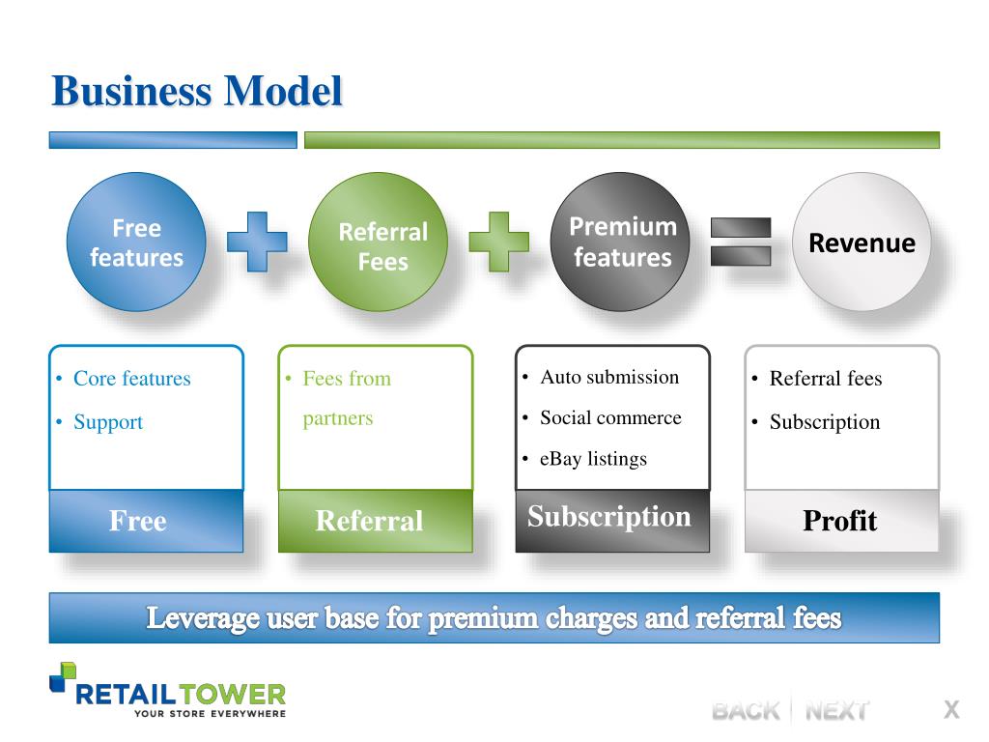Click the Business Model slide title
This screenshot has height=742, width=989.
197,92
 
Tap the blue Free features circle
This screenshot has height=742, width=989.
136,242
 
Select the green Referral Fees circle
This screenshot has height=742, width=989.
379,242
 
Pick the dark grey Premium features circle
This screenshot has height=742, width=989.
621,242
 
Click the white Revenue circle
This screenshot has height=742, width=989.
862,242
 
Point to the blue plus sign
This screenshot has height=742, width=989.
257,242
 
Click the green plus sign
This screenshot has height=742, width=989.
498,242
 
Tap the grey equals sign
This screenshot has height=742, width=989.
741,242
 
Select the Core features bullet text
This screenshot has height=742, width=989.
131,379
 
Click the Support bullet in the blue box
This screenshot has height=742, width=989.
107,422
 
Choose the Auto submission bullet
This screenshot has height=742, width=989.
609,377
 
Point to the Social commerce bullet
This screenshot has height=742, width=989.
610,417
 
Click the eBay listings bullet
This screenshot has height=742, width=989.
593,459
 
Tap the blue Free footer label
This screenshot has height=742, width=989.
138,521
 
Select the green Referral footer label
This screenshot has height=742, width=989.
369,522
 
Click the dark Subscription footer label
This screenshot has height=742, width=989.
609,517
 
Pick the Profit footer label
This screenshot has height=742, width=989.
840,521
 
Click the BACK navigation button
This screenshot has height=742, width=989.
745,711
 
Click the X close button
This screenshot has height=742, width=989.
951,710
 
